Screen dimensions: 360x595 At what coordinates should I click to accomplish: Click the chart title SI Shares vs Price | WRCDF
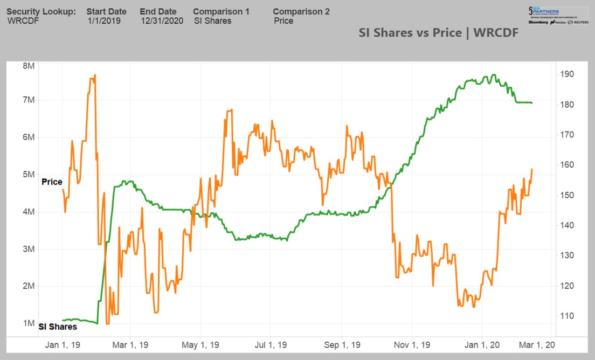coord(438,33)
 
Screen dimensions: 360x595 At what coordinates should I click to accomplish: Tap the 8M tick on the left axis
coord(29,66)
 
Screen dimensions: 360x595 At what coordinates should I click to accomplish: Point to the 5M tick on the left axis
coord(29,175)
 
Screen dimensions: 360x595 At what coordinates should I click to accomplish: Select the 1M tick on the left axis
coord(29,323)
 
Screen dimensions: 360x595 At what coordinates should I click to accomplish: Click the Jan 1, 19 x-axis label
coord(63,344)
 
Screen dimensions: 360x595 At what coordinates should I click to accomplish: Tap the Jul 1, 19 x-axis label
coord(271,344)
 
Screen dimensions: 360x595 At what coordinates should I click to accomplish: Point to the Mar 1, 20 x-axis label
coord(534,344)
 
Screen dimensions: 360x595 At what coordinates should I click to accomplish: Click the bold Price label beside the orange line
coord(52,182)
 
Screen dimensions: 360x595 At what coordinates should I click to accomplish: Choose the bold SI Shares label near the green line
coord(58,327)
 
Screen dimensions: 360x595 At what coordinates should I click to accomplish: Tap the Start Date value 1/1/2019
coord(104,21)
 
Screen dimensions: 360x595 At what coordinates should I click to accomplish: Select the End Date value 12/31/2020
coord(162,21)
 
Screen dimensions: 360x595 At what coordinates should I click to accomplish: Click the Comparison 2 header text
coord(301,11)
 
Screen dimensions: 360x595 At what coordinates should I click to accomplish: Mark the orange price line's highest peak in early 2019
coord(95,75)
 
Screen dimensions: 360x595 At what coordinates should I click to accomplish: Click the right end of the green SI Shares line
coord(532,103)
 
